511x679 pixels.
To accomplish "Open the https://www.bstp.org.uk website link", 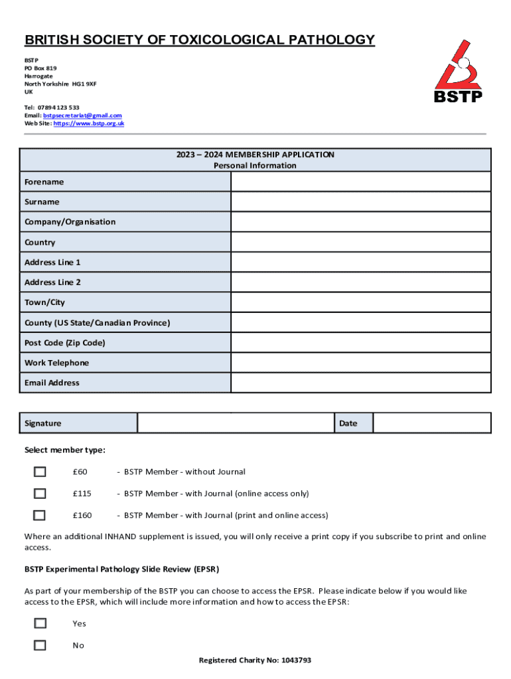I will (88, 123).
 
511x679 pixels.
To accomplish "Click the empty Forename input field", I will (360, 182).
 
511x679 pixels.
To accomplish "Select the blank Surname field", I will (360, 202).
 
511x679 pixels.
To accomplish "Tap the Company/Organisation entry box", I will (360, 222).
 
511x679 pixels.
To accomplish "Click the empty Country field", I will (360, 242).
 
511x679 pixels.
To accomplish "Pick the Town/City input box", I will (360, 302).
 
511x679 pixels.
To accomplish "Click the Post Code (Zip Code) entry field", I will (360, 343).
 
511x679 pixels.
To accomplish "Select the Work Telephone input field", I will (360, 363).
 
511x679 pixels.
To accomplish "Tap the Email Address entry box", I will (360, 383).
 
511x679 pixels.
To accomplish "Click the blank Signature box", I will (235, 423).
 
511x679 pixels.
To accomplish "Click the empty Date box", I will (431, 423).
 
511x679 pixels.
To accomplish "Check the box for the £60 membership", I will (40, 472).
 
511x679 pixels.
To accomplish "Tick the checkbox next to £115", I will (40, 494).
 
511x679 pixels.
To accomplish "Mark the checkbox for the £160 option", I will (40, 515).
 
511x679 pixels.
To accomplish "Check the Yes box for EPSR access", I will (40, 623).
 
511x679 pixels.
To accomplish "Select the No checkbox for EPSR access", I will (40, 645).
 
